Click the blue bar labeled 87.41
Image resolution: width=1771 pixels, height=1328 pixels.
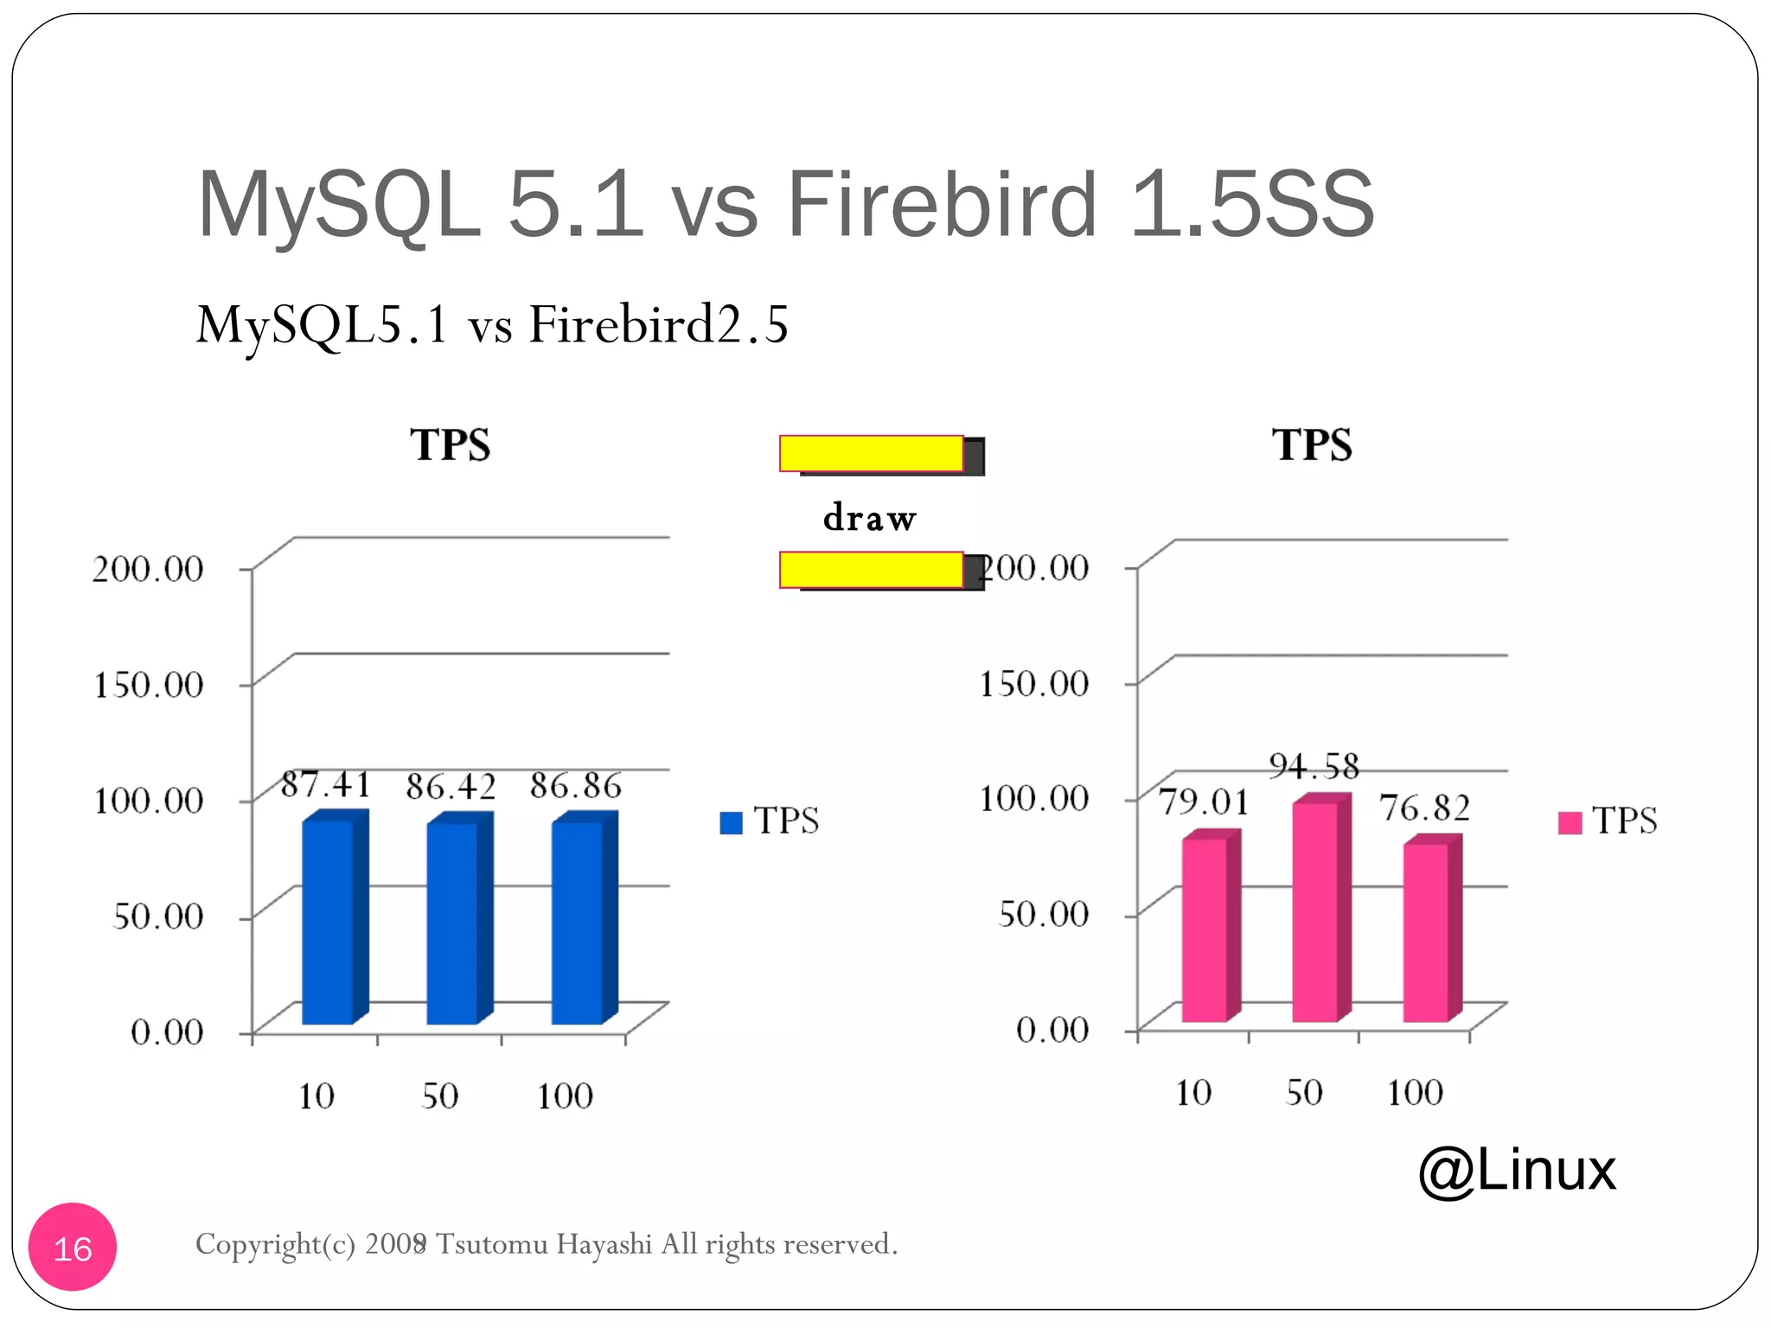pyautogui.click(x=329, y=921)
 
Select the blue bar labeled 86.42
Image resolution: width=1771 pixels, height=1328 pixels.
pyautogui.click(x=453, y=923)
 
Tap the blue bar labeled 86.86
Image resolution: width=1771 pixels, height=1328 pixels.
pyautogui.click(x=578, y=923)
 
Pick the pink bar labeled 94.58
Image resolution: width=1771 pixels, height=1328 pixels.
pyautogui.click(x=1315, y=912)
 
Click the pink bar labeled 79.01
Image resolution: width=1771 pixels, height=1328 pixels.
pyautogui.click(x=1205, y=929)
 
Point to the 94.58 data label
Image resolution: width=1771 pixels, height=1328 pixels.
pyautogui.click(x=1314, y=766)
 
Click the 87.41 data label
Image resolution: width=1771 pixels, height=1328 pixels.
pyautogui.click(x=326, y=784)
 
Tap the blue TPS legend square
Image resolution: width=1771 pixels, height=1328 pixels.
pyautogui.click(x=731, y=822)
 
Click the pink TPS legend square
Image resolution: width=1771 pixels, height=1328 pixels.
pyautogui.click(x=1570, y=822)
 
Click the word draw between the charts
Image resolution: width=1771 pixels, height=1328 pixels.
pyautogui.click(x=869, y=518)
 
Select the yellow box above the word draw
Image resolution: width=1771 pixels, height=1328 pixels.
pyautogui.click(x=872, y=454)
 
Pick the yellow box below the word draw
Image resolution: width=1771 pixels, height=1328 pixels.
pyautogui.click(x=872, y=570)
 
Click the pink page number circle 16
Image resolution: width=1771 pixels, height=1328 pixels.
pyautogui.click(x=73, y=1248)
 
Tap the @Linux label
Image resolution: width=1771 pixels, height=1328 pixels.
pyautogui.click(x=1517, y=1170)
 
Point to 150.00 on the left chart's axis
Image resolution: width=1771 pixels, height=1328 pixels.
pyautogui.click(x=148, y=685)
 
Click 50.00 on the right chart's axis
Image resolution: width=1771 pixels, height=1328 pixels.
pyautogui.click(x=1043, y=914)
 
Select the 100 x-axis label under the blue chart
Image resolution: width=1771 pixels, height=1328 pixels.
pyautogui.click(x=565, y=1096)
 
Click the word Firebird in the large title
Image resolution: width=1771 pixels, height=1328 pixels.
pyautogui.click(x=942, y=204)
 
